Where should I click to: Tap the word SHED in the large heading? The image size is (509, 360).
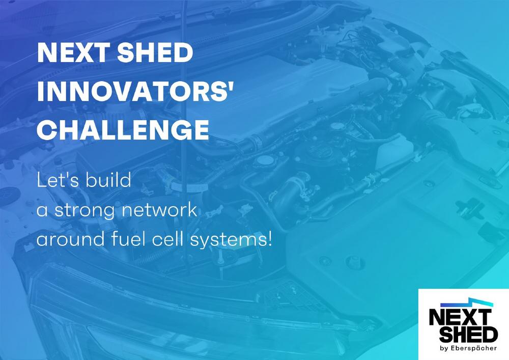click(x=155, y=52)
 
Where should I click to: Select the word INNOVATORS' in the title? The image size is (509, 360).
click(x=135, y=91)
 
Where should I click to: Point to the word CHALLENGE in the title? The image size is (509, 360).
click(x=123, y=130)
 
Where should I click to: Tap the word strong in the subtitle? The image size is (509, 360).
click(x=84, y=210)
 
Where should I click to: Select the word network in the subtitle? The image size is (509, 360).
click(x=159, y=209)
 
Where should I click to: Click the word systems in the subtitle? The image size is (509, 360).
click(x=227, y=240)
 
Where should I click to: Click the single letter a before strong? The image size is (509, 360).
click(x=42, y=211)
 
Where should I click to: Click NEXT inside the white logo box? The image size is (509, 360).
click(x=459, y=317)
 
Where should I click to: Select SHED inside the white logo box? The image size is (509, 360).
click(x=469, y=335)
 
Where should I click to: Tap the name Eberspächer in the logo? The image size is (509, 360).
click(x=473, y=348)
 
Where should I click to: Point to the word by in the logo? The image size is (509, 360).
click(x=444, y=349)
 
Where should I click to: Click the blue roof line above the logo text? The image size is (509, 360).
click(x=466, y=303)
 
